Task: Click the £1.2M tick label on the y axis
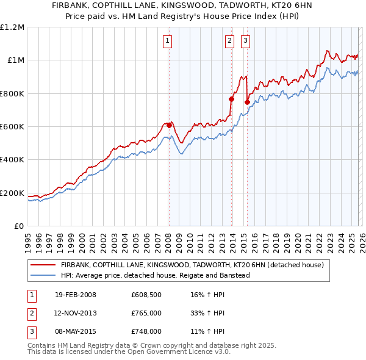12,27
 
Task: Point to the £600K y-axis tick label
12,127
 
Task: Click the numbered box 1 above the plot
167,41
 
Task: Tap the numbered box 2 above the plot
229,41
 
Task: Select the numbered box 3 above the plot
245,41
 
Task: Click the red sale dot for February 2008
169,125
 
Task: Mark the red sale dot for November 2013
231,99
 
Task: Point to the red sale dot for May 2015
247,103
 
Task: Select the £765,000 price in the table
146,314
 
